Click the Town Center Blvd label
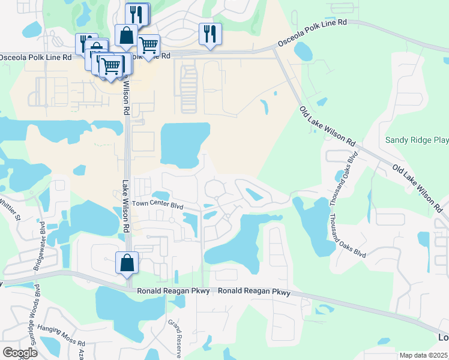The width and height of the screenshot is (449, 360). click(157, 204)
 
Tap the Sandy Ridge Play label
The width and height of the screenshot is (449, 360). click(416, 140)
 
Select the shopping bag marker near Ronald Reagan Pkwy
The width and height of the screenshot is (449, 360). click(127, 263)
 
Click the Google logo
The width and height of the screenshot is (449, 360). click(20, 352)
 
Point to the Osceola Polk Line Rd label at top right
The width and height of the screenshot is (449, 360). click(312, 33)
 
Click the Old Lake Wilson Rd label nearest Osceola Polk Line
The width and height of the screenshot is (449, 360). click(327, 126)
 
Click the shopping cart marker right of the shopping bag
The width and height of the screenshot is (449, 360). click(148, 46)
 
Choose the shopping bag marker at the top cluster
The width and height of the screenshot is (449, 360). click(127, 36)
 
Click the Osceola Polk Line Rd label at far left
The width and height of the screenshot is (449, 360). click(35, 57)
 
